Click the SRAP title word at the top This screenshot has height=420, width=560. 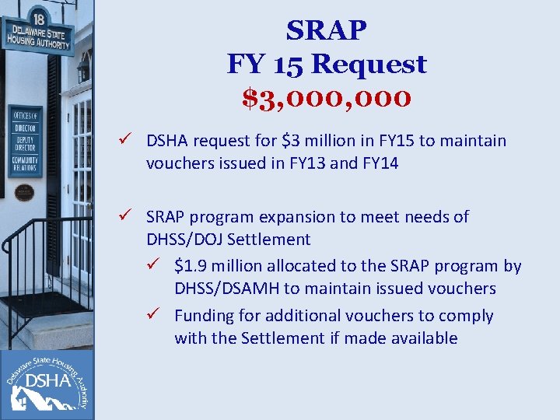327,31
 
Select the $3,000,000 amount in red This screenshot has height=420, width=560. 327,98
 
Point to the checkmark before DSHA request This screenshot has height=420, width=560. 133,141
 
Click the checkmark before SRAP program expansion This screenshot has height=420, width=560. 133,216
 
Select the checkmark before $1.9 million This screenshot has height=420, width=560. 162,266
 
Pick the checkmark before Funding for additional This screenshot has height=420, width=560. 162,316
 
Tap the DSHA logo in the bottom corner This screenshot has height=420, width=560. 47,383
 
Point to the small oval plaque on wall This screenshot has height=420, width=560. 24,191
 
